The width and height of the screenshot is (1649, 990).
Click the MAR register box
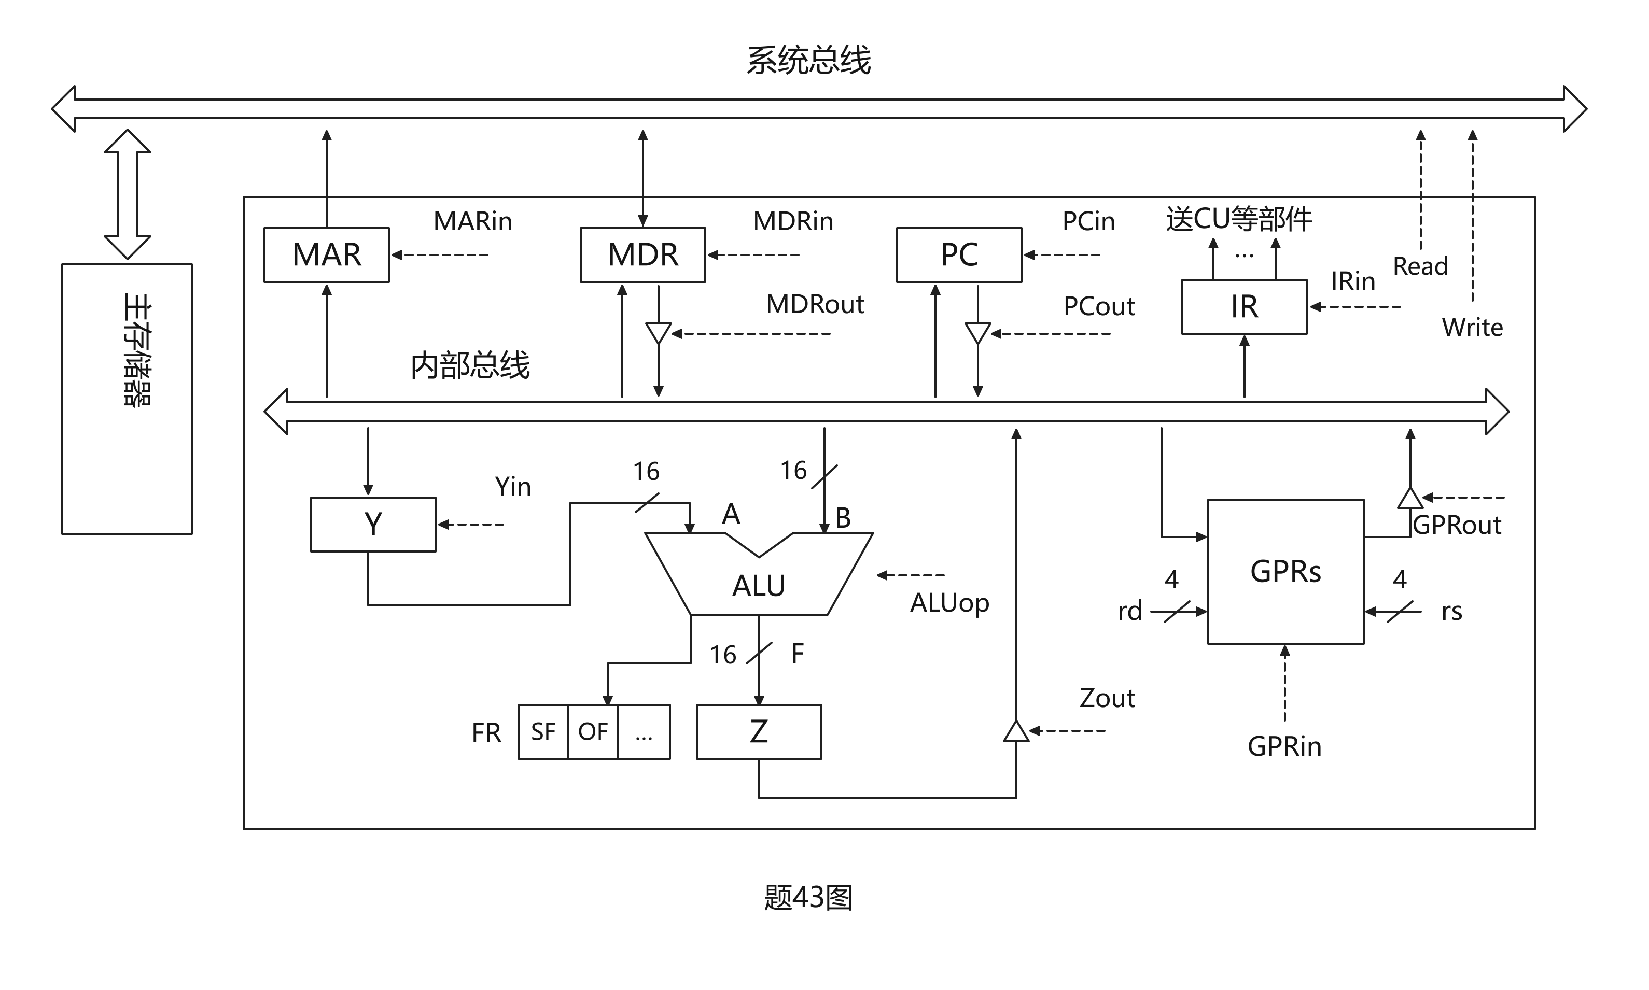(x=326, y=255)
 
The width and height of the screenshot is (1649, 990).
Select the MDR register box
(x=642, y=255)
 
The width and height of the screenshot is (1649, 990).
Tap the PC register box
(x=959, y=255)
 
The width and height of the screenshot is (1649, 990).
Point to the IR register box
(x=1244, y=307)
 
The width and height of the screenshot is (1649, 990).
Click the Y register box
(x=373, y=525)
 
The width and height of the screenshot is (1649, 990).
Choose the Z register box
(x=759, y=732)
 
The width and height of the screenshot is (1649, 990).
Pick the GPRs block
(x=1285, y=572)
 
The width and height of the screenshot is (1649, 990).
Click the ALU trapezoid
(x=759, y=581)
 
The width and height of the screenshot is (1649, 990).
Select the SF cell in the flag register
(x=543, y=732)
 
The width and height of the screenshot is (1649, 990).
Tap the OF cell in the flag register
(x=593, y=732)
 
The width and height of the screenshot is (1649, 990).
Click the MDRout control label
(x=815, y=304)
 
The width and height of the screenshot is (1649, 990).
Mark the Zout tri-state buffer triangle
(x=1016, y=732)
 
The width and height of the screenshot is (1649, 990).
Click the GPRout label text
(x=1457, y=525)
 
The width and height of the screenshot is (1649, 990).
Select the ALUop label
(x=949, y=603)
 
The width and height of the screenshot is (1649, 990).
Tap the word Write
(x=1472, y=328)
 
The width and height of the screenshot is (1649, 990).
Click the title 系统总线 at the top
(x=809, y=60)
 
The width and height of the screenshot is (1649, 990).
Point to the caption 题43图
(x=809, y=897)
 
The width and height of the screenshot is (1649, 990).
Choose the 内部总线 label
(x=470, y=365)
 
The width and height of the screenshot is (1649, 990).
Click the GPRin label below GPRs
(x=1284, y=746)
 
